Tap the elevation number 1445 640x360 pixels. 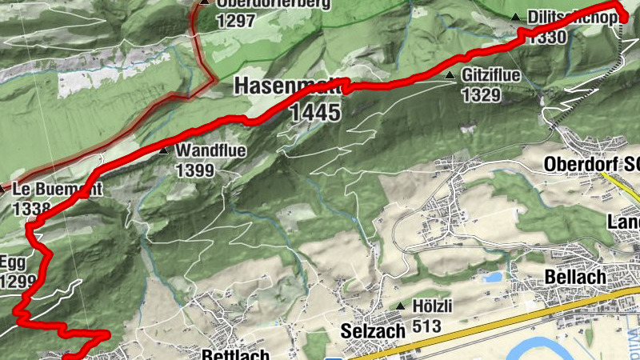click(x=315, y=113)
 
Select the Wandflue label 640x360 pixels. click(x=211, y=150)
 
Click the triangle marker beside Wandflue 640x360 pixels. click(x=164, y=150)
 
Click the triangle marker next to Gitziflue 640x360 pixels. click(x=450, y=77)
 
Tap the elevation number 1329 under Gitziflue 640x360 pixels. click(x=481, y=95)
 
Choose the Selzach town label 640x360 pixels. click(x=369, y=330)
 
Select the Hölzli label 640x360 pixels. click(x=433, y=306)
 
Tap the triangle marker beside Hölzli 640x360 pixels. click(x=401, y=306)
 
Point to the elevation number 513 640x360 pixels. click(x=426, y=326)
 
